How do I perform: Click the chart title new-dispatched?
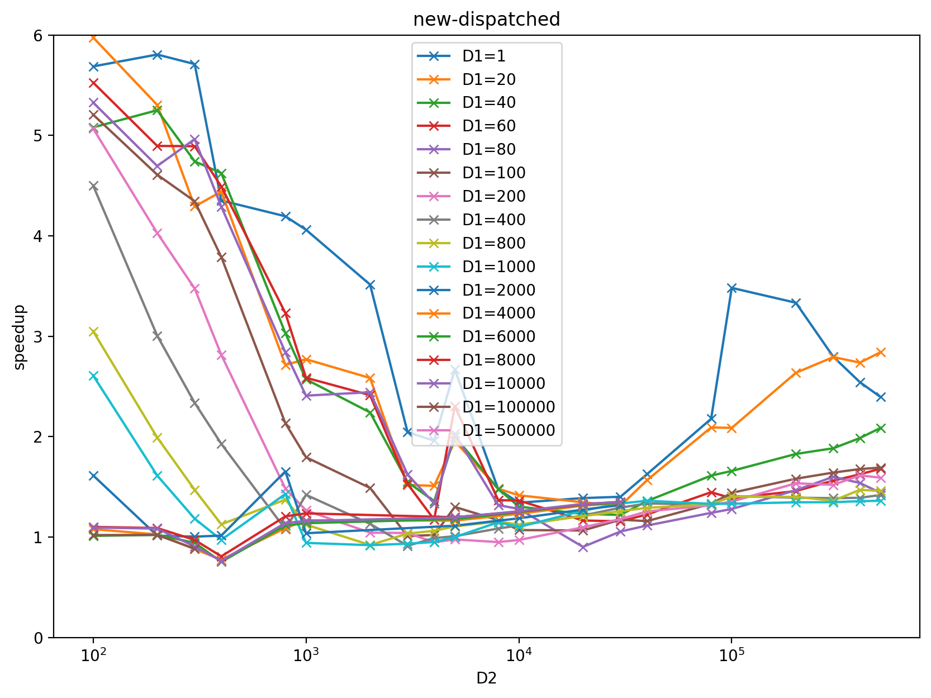pyautogui.click(x=486, y=20)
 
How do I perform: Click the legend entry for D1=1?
pyautogui.click(x=484, y=56)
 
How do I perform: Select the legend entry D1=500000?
pyautogui.click(x=509, y=430)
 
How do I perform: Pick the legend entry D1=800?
pyautogui.click(x=494, y=243)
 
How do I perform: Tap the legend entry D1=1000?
pyautogui.click(x=498, y=267)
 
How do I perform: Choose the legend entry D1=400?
pyautogui.click(x=494, y=220)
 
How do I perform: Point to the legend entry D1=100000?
pyautogui.click(x=509, y=407)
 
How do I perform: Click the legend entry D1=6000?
pyautogui.click(x=498, y=336)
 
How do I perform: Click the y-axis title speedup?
pyautogui.click(x=20, y=337)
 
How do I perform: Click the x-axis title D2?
pyautogui.click(x=486, y=678)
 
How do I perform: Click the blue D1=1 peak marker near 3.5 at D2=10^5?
pyautogui.click(x=731, y=288)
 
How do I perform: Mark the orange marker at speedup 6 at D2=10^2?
pyautogui.click(x=93, y=37)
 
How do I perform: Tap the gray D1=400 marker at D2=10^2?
pyautogui.click(x=93, y=186)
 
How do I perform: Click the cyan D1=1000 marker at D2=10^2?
pyautogui.click(x=93, y=376)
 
